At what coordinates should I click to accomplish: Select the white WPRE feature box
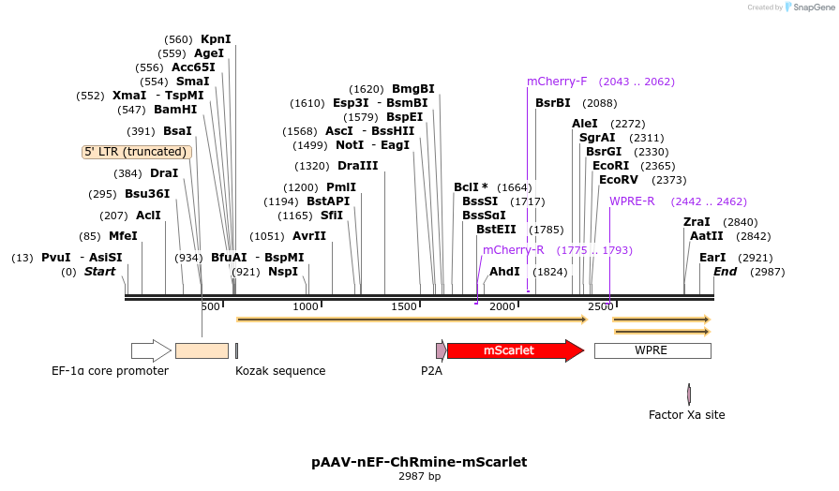(652, 350)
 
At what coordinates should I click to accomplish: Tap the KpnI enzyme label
(216, 39)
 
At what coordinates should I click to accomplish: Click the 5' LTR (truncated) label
(136, 152)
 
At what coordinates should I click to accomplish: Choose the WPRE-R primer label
(632, 201)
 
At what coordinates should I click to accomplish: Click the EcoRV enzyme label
(619, 180)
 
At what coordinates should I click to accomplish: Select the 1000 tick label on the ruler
(307, 306)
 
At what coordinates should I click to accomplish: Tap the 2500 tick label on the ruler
(600, 306)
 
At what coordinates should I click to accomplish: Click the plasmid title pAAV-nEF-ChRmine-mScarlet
(419, 462)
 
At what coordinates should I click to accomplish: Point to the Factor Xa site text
(687, 414)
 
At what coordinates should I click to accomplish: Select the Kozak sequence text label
(280, 371)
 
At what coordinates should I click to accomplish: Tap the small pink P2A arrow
(441, 350)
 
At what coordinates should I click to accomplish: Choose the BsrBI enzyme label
(553, 103)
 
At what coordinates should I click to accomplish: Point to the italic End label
(726, 272)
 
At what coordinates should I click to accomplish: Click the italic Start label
(99, 272)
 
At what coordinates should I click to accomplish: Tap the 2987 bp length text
(419, 477)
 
